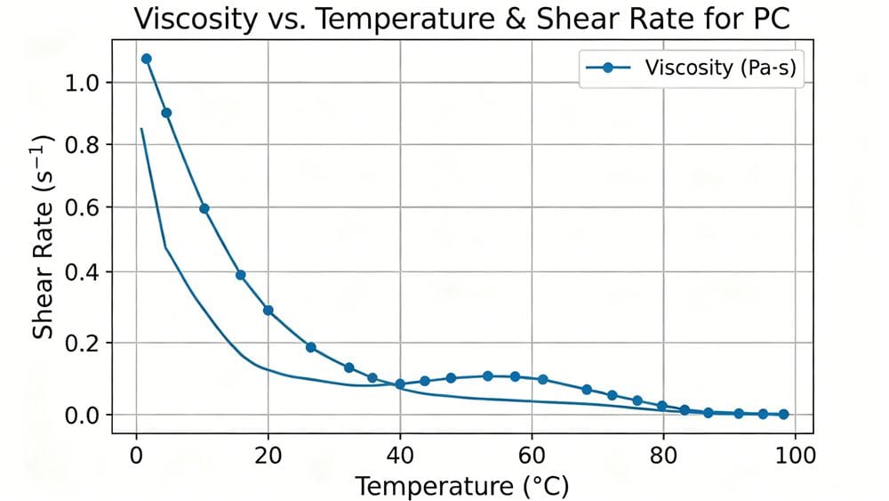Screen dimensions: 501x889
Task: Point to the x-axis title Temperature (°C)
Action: click(x=462, y=486)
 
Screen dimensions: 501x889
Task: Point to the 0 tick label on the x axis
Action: click(x=136, y=455)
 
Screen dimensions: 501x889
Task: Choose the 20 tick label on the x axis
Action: click(x=268, y=455)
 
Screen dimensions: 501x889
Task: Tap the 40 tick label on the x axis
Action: click(x=400, y=455)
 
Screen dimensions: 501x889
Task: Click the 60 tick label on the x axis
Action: click(x=532, y=455)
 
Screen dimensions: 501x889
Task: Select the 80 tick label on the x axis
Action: click(x=663, y=455)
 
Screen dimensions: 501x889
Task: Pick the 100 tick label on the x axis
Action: click(x=795, y=455)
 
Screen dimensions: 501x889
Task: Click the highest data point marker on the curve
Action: click(x=147, y=59)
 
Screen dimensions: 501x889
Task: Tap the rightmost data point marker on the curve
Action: click(x=783, y=414)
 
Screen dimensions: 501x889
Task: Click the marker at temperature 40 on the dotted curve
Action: click(x=400, y=384)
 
